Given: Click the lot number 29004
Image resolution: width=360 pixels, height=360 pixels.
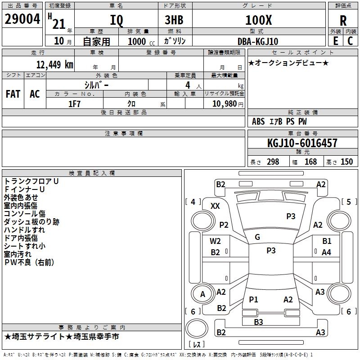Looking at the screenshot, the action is (22, 19).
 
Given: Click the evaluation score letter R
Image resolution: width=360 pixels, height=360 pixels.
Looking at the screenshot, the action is (343, 21).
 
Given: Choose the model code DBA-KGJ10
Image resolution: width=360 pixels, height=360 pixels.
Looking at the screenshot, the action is (258, 41).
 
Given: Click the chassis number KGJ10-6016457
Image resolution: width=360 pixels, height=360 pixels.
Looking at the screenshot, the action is (302, 143).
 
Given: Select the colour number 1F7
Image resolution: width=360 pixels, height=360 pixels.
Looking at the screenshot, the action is (74, 103).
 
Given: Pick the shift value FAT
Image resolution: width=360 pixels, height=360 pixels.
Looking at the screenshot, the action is (13, 94).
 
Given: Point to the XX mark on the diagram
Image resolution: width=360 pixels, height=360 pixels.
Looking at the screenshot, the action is (215, 206).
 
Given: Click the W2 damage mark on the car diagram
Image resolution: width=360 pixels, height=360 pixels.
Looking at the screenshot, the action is (216, 241).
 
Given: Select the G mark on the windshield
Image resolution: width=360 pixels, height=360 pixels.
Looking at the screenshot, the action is (257, 237).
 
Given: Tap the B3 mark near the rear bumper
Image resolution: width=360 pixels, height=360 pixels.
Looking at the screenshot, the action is (258, 322).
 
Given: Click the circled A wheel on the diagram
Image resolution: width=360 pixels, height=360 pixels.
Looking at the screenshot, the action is (202, 295).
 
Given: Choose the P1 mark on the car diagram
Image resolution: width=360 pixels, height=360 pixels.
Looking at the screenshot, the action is (253, 299).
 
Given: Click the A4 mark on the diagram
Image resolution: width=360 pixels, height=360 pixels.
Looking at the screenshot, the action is (326, 252).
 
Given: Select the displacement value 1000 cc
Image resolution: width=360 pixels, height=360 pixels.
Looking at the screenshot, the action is (138, 41).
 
